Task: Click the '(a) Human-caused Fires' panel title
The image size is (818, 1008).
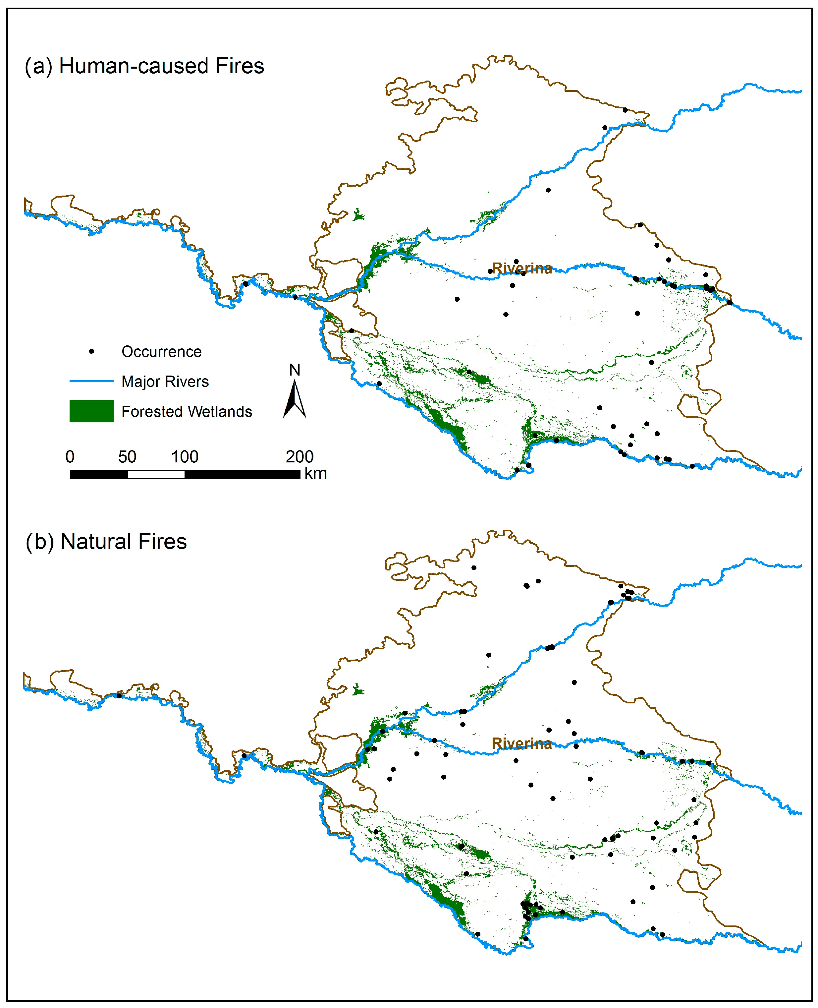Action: (144, 66)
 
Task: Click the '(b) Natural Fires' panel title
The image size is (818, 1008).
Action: (106, 541)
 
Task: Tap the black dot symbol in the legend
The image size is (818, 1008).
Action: (91, 351)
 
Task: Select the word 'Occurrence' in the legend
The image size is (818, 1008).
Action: (161, 352)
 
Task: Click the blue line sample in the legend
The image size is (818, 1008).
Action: (91, 381)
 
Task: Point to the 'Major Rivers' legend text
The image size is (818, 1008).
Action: (165, 382)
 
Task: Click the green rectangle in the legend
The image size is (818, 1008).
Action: (91, 411)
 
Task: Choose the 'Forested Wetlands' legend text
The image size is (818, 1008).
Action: (187, 412)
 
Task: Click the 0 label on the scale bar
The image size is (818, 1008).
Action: (70, 456)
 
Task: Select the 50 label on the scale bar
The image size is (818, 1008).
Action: (127, 456)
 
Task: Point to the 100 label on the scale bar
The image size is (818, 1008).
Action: (185, 456)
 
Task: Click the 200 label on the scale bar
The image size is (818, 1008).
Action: (300, 456)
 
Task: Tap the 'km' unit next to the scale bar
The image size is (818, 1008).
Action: (315, 473)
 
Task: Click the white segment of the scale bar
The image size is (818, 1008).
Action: (156, 475)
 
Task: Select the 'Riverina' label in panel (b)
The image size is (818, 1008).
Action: (521, 743)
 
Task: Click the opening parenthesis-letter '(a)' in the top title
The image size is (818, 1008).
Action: (39, 66)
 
